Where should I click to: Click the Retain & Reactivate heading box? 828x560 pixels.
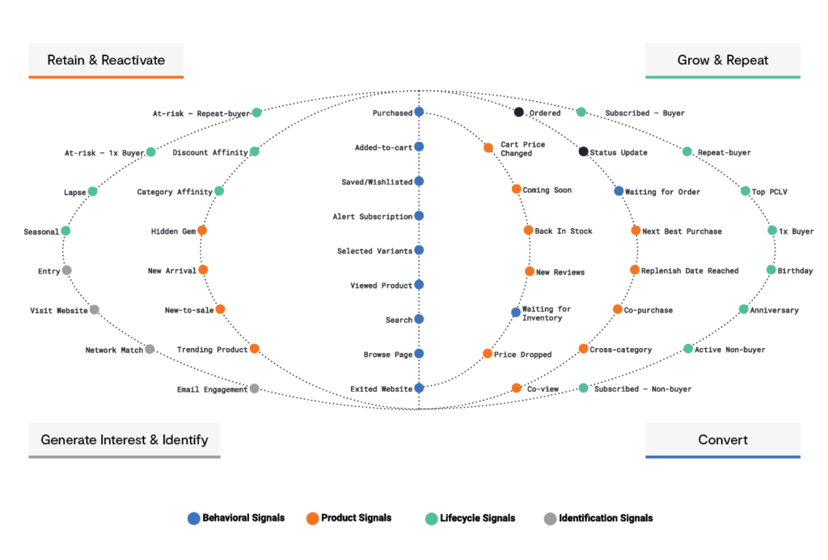tap(106, 60)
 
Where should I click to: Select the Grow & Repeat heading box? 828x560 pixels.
tap(722, 60)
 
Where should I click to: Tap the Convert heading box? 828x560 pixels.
tap(722, 439)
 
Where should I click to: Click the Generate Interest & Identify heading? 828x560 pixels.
tap(124, 439)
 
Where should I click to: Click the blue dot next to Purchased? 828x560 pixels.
tap(419, 112)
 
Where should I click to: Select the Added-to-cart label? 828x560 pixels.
tap(383, 148)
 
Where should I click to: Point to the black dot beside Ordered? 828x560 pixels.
tap(519, 112)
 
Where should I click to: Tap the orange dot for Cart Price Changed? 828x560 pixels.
tap(488, 148)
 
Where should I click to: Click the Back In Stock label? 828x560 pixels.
tap(564, 231)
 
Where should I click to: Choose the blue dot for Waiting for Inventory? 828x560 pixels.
tap(516, 312)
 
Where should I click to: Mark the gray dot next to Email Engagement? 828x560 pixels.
tap(255, 389)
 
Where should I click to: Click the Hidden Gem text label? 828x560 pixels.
tap(174, 231)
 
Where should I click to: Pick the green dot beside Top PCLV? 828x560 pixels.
tap(746, 192)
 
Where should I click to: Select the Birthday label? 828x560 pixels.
tap(795, 271)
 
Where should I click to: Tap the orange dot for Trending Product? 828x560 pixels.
tap(255, 349)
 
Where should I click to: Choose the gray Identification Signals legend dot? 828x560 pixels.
tap(550, 519)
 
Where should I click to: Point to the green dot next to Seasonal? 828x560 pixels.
tap(65, 231)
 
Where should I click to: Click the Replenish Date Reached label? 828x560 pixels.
tap(689, 271)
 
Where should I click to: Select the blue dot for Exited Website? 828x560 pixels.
tap(419, 388)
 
